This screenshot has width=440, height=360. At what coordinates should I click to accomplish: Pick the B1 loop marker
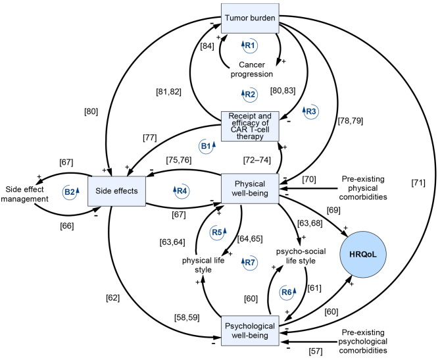(x=207, y=145)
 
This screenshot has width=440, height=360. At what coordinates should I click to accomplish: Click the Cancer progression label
(x=251, y=68)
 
